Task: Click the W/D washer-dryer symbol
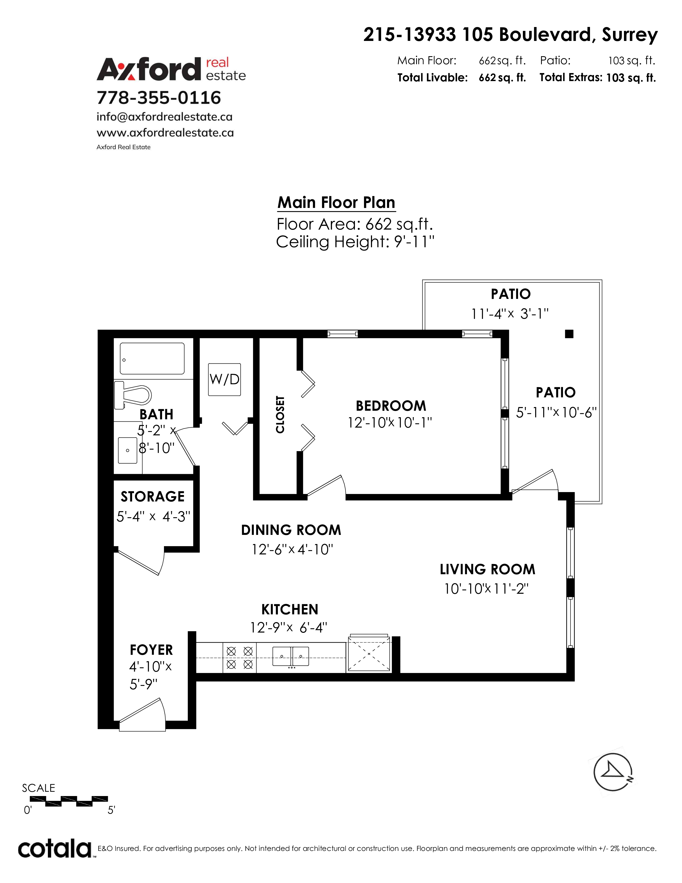click(224, 379)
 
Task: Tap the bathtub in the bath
click(152, 359)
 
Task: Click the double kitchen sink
click(291, 656)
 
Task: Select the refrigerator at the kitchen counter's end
click(369, 654)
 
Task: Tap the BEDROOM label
click(391, 406)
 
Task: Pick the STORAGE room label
click(152, 496)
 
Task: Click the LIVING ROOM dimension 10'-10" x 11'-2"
click(486, 589)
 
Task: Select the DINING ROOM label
click(291, 530)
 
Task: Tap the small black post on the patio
click(569, 334)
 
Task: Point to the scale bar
click(69, 801)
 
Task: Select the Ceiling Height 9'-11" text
click(355, 242)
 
